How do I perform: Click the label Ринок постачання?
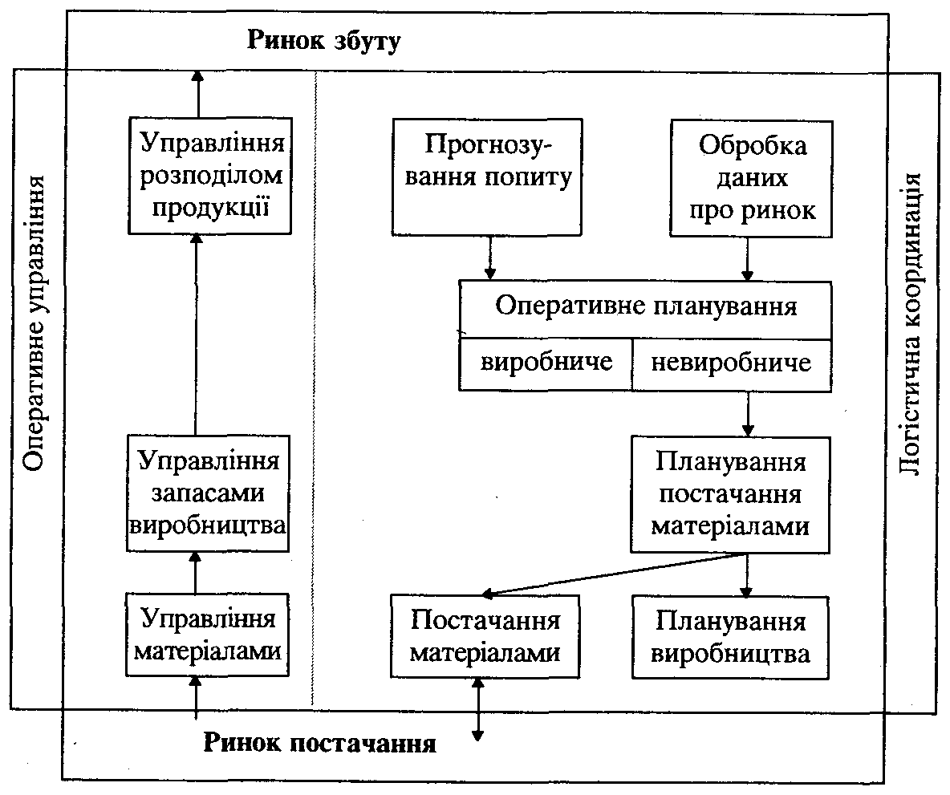click(319, 743)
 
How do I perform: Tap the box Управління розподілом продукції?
click(209, 176)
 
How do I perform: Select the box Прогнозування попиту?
click(487, 177)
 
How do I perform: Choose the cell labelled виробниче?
click(546, 363)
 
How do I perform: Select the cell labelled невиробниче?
click(731, 363)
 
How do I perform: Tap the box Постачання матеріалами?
click(485, 638)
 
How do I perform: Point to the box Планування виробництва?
click(729, 638)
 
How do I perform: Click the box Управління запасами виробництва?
click(208, 493)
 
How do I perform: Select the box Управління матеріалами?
click(208, 635)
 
